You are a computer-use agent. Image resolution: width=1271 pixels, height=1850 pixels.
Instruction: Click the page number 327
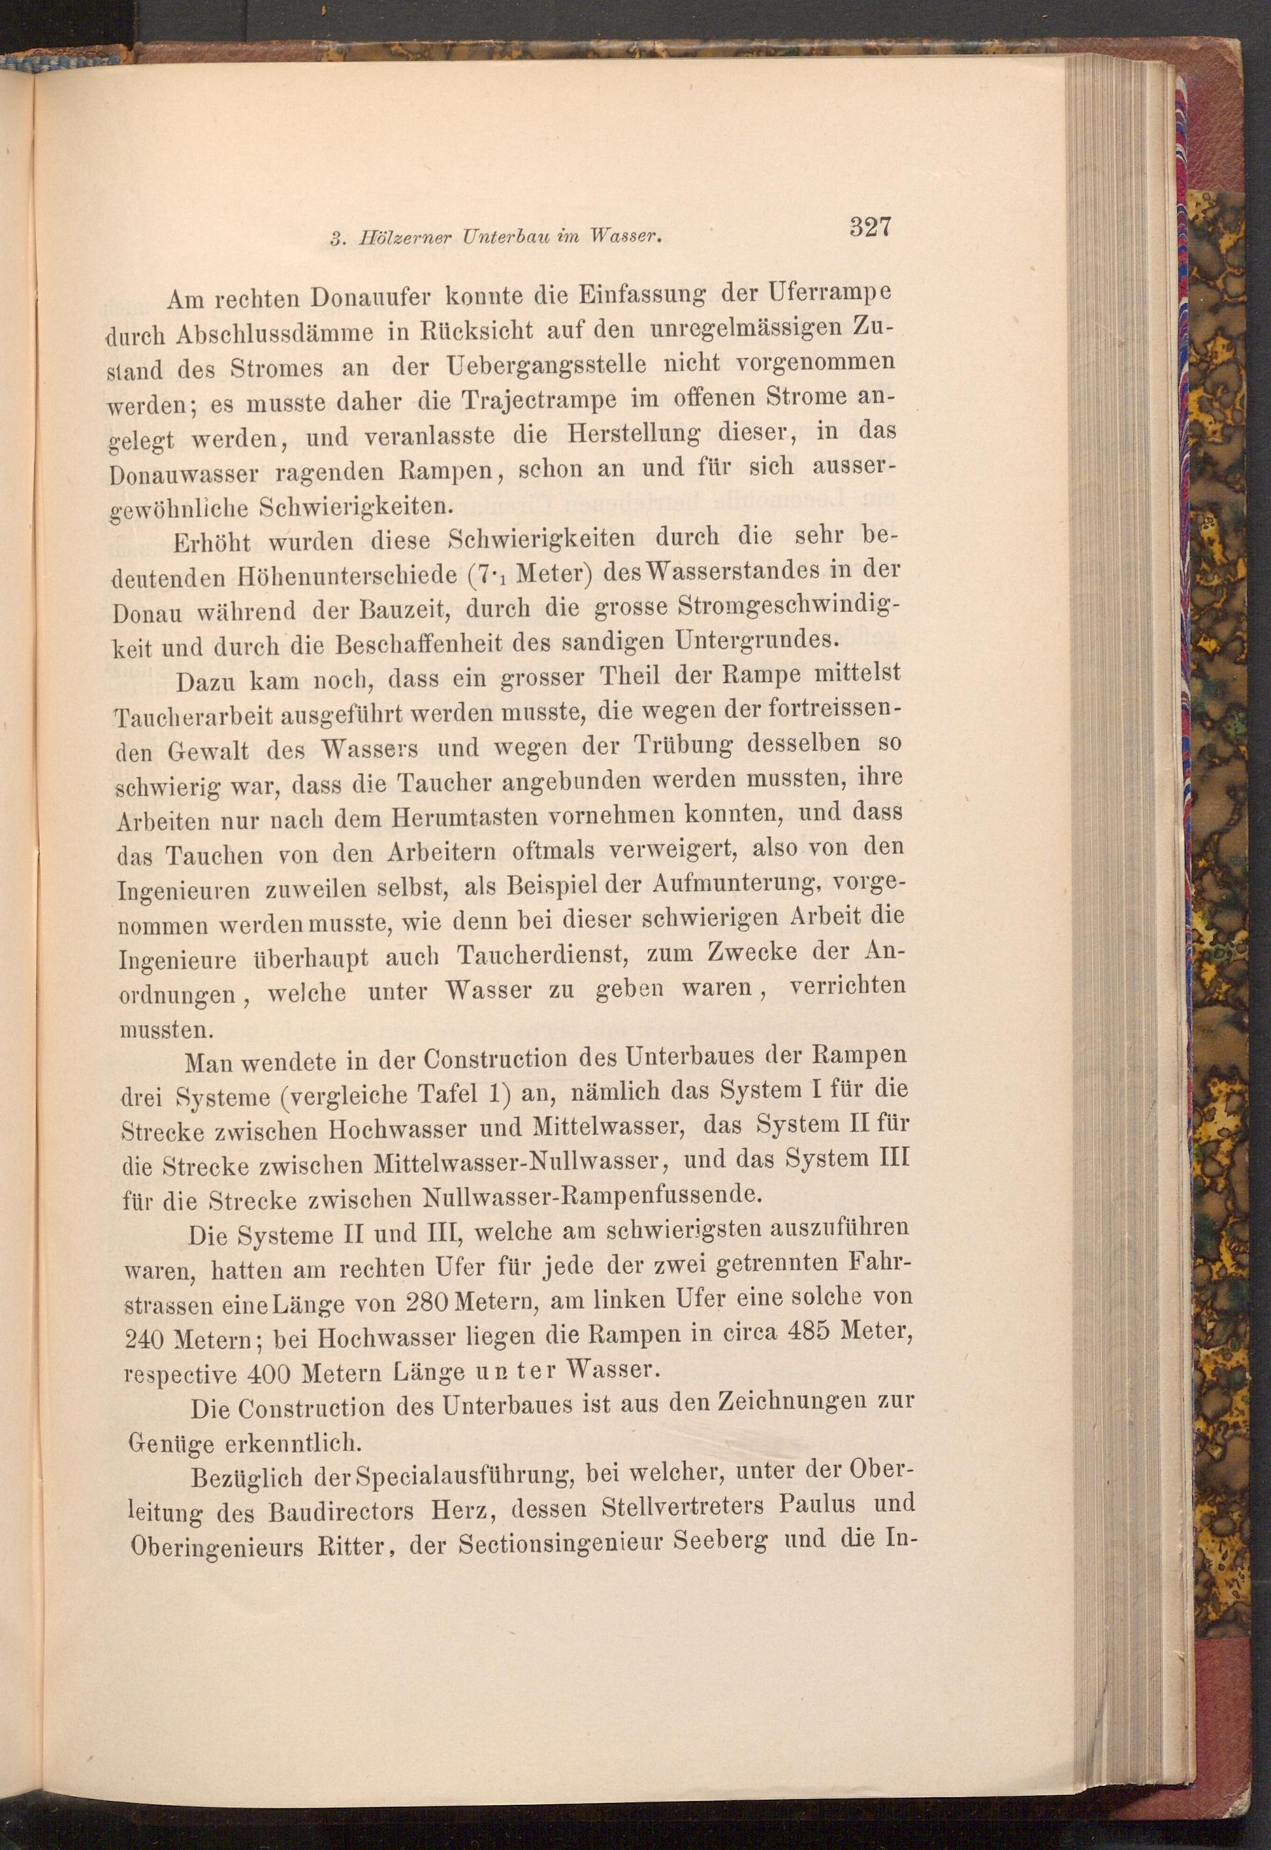click(869, 227)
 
